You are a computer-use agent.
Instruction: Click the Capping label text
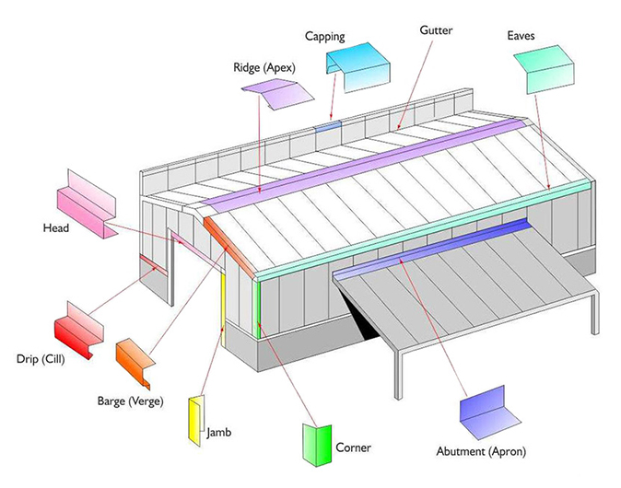pos(325,37)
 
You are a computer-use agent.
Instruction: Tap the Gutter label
pos(436,30)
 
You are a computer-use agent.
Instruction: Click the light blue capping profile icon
pos(357,69)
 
